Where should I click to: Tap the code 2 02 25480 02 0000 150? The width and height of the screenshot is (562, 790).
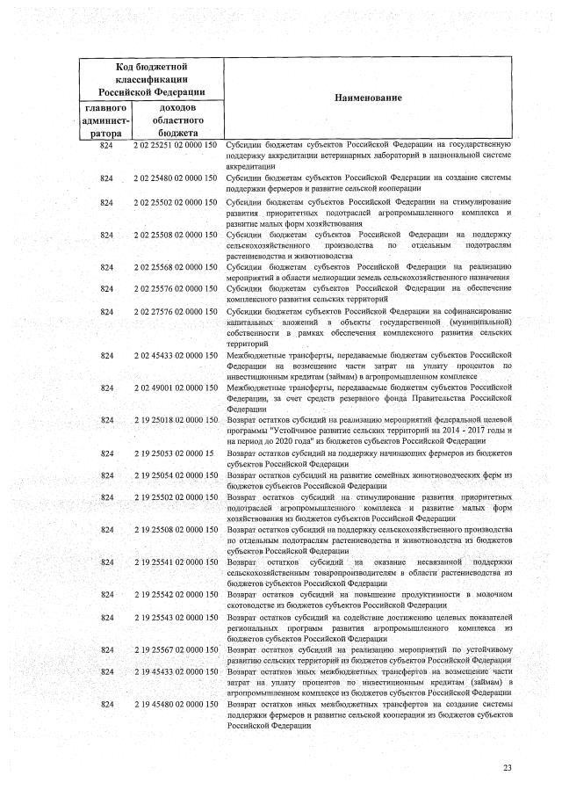176,178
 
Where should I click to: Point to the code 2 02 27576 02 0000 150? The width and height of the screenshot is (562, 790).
176,311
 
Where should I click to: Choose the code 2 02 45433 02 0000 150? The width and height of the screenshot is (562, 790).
176,355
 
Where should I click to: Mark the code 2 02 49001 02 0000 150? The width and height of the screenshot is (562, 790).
176,388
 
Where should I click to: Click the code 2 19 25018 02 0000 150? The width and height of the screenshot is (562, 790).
176,421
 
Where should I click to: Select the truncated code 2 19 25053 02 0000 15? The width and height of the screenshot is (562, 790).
173,453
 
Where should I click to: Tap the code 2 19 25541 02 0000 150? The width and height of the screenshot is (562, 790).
176,562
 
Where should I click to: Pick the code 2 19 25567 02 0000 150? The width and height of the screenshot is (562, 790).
176,649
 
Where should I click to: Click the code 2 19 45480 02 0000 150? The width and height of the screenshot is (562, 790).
176,705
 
